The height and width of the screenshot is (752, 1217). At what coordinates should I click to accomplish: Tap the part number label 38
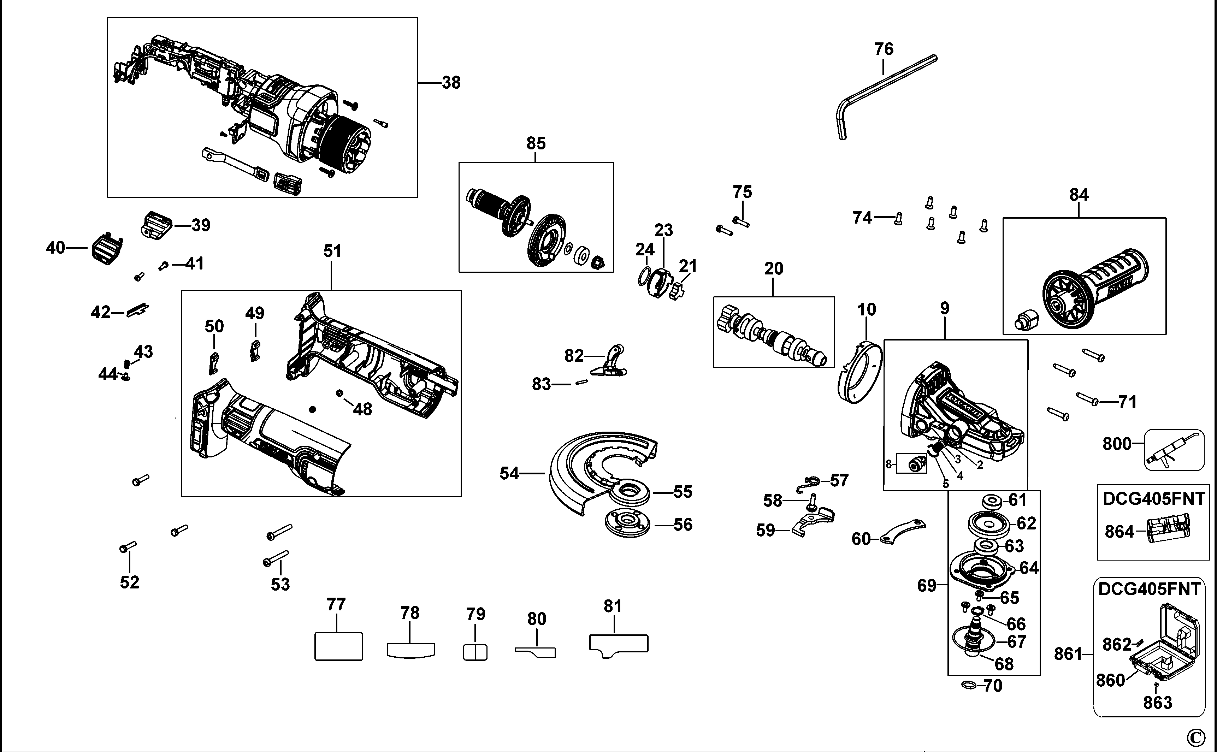pos(451,83)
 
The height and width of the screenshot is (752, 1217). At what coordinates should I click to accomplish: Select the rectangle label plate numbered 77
pos(338,646)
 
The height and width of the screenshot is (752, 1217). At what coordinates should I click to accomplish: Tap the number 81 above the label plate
pos(613,606)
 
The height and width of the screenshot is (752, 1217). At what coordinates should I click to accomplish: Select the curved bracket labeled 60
pos(902,531)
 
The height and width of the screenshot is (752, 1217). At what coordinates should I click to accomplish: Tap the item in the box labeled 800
pos(1174,450)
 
